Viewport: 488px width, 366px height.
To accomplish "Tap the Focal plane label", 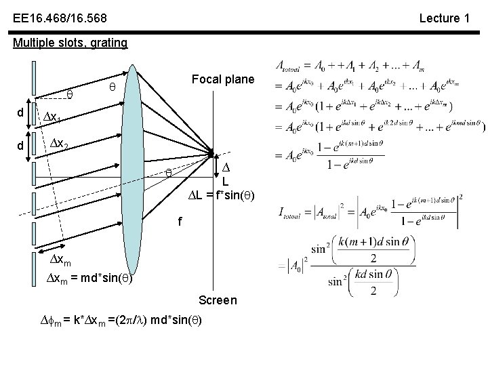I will click(x=223, y=79).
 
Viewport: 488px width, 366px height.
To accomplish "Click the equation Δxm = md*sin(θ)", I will click(x=94, y=279).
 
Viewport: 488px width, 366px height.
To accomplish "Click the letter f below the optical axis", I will click(x=179, y=220).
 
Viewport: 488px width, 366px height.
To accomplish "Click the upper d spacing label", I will click(x=22, y=111).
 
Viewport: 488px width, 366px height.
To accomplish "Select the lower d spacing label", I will click(x=22, y=145).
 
